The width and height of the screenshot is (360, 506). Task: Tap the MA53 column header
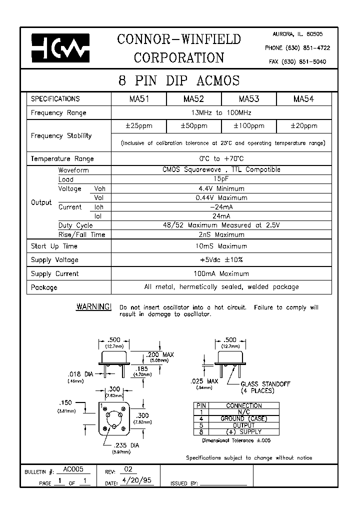[248, 99]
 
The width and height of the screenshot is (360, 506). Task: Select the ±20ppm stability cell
[303, 126]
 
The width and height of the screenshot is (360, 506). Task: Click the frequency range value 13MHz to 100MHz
[221, 113]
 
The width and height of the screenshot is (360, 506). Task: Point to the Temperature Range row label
[62, 158]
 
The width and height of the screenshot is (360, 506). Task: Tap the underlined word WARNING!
[93, 306]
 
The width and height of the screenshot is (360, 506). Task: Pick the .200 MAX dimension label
[159, 354]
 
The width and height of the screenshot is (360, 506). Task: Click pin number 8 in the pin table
[201, 432]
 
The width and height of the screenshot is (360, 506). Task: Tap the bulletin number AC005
[73, 470]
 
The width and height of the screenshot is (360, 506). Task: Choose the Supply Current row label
[54, 274]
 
